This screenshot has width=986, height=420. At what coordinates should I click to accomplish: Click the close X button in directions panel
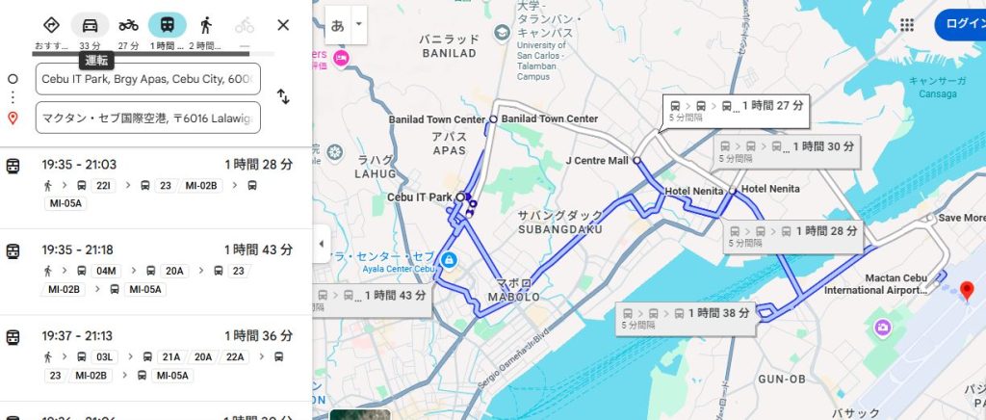(x=283, y=25)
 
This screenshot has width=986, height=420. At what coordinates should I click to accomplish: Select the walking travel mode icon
(x=206, y=25)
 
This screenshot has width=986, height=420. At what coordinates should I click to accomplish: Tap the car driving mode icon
(x=90, y=25)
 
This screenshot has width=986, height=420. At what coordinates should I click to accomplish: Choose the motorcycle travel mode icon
(x=129, y=25)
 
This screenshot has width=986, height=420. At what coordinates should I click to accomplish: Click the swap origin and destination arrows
(x=283, y=96)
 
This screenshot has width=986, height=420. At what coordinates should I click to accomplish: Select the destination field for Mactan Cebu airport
(x=147, y=118)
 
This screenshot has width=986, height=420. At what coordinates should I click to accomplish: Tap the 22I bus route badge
(x=105, y=185)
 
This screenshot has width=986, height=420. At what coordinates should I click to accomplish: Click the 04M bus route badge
(x=106, y=271)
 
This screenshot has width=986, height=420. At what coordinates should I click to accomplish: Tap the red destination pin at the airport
(x=968, y=289)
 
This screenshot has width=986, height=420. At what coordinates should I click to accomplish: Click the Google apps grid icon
(x=906, y=25)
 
